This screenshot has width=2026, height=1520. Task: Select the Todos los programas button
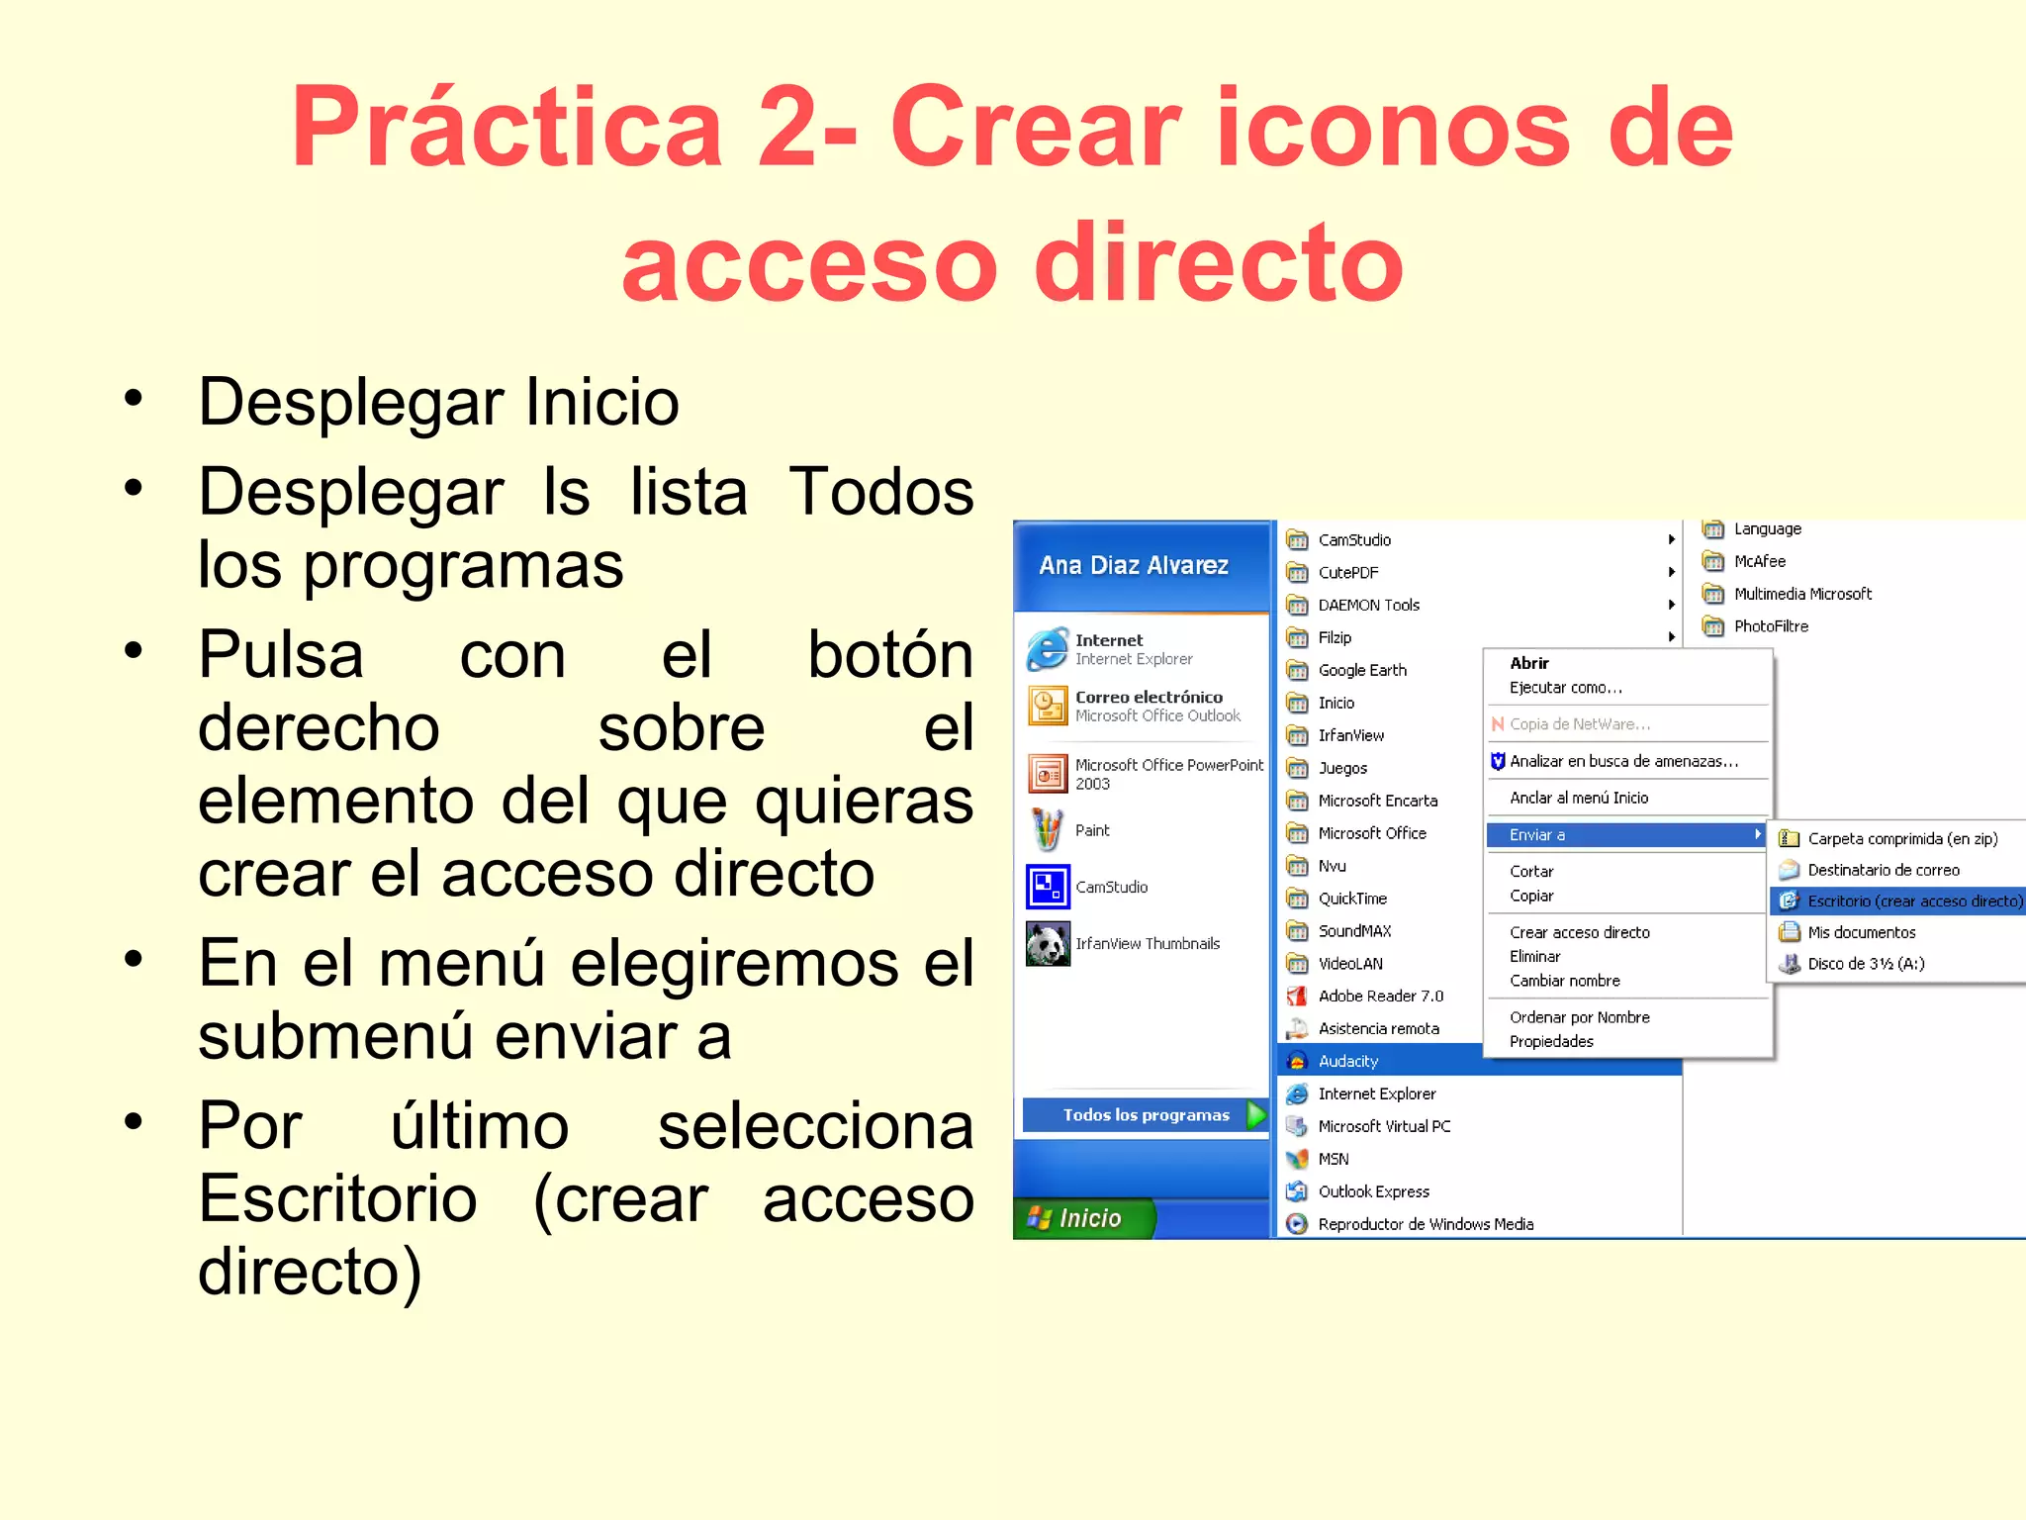pyautogui.click(x=1146, y=1115)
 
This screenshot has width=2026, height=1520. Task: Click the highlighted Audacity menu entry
pyautogui.click(x=1348, y=1061)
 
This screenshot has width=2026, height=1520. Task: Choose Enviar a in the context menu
pyautogui.click(x=1537, y=835)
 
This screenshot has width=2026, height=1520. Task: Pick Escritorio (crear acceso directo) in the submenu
pyautogui.click(x=1914, y=901)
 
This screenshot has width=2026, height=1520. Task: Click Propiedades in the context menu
pyautogui.click(x=1551, y=1041)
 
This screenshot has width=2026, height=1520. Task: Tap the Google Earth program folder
pyautogui.click(x=1362, y=670)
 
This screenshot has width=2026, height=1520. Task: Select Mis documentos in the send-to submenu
pyautogui.click(x=1861, y=932)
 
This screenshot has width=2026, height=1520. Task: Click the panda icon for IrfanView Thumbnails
pyautogui.click(x=1048, y=944)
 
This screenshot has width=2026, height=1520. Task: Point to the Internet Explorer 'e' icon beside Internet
pyautogui.click(x=1048, y=649)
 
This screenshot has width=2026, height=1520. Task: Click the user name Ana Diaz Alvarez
pyautogui.click(x=1134, y=565)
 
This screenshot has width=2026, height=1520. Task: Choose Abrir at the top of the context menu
pyautogui.click(x=1529, y=663)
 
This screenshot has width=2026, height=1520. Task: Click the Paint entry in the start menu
pyautogui.click(x=1092, y=830)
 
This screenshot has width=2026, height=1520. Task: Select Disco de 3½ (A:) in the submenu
pyautogui.click(x=1866, y=963)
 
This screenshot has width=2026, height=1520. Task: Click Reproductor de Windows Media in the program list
pyautogui.click(x=1426, y=1224)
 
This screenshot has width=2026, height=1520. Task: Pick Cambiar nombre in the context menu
pyautogui.click(x=1564, y=981)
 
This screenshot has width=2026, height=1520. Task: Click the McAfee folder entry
pyautogui.click(x=1759, y=561)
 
